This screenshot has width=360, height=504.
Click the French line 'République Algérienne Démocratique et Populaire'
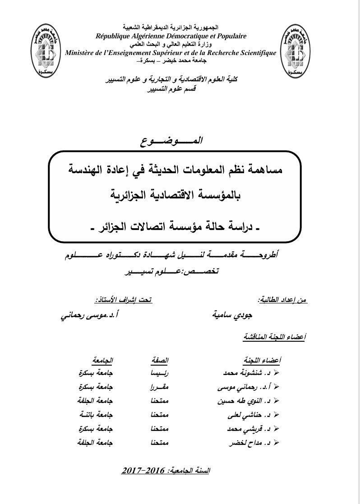coord(168,36)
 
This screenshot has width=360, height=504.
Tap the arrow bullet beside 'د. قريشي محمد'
coord(277,428)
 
